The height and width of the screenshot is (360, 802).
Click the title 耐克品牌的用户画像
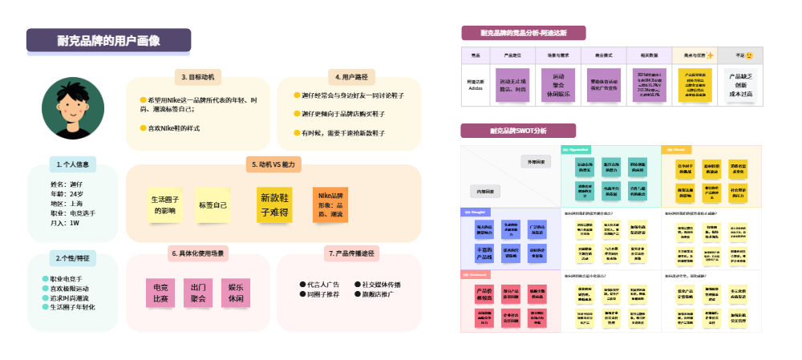pos(108,41)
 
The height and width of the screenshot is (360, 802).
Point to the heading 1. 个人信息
pos(73,164)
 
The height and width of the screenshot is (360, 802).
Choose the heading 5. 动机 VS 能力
pos(273,164)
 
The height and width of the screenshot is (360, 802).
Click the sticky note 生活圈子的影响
pos(165,205)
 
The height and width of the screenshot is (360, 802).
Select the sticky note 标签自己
pos(213,205)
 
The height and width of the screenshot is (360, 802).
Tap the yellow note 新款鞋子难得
pos(274,204)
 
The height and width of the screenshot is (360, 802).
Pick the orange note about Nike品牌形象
pos(330,204)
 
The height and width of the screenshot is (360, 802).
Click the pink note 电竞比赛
pos(160,292)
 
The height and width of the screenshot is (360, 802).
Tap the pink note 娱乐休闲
pos(236,292)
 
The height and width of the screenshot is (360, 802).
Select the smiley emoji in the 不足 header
pos(749,55)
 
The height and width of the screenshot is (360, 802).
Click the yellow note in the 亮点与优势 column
pos(695,86)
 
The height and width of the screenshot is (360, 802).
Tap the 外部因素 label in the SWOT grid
pos(537,162)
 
